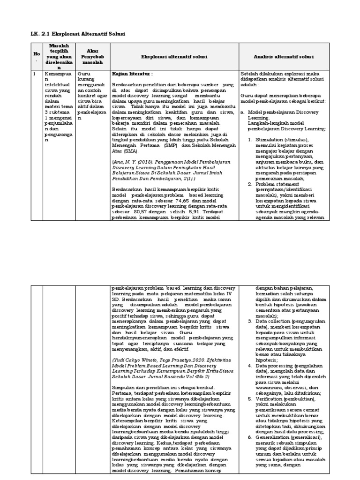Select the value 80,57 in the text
(x=145, y=211)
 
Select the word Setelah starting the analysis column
(x=249, y=74)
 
